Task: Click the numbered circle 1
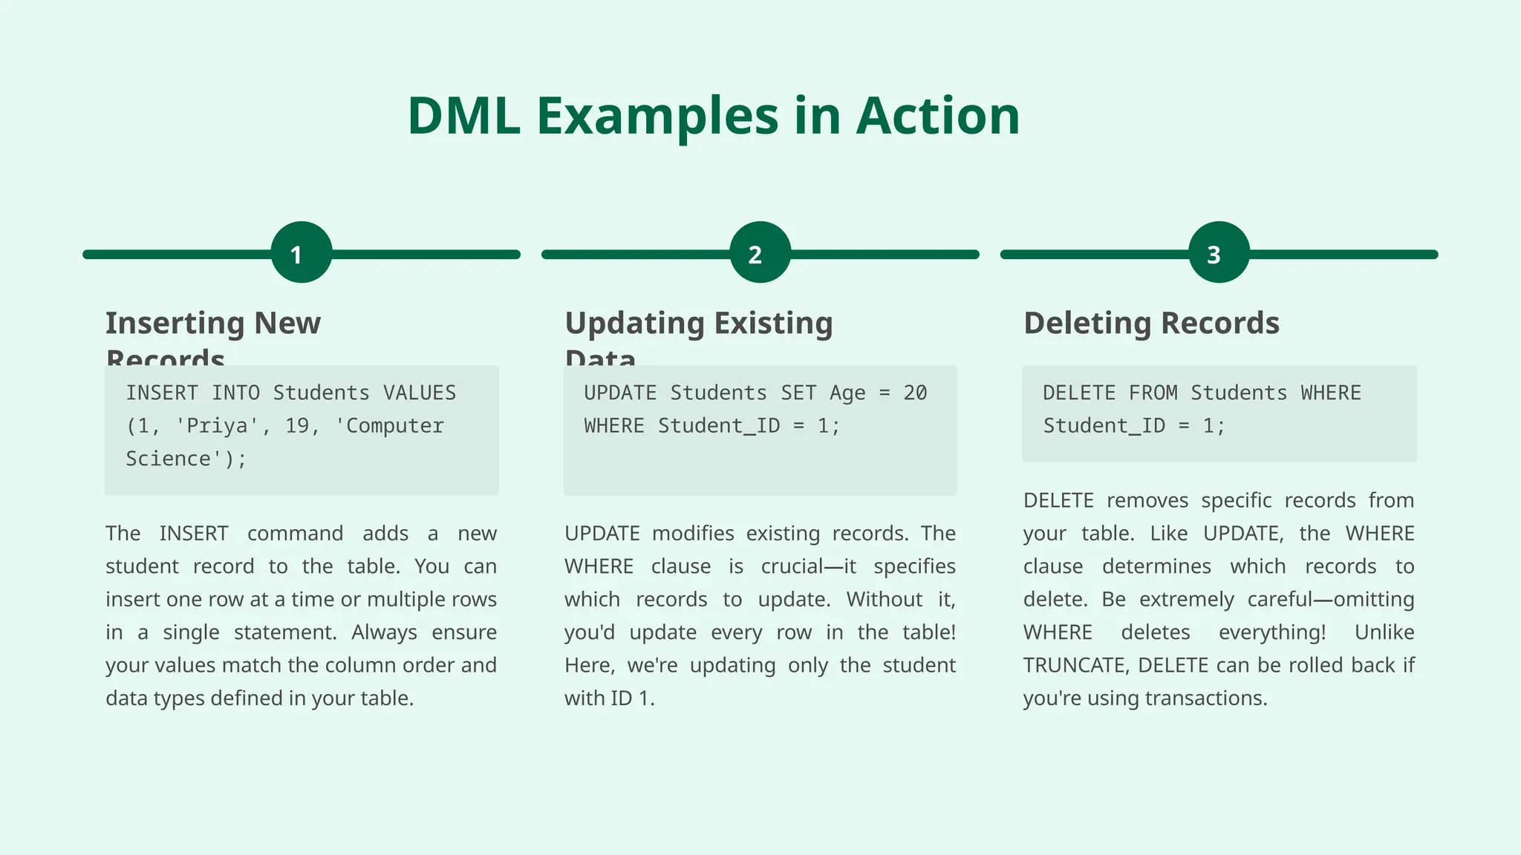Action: [x=301, y=253]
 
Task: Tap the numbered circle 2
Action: [x=760, y=253]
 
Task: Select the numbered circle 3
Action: [x=1219, y=253]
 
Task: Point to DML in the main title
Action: [x=463, y=117]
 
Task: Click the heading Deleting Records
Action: [x=1151, y=324]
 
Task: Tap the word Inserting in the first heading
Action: [x=175, y=324]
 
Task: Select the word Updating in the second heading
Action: [x=634, y=324]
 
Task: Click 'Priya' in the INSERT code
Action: [x=217, y=426]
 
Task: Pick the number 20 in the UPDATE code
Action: [x=915, y=393]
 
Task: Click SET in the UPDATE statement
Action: [x=798, y=393]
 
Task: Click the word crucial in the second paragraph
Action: [x=789, y=567]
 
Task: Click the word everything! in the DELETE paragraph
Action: [x=1271, y=632]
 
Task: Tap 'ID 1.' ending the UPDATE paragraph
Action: [x=632, y=698]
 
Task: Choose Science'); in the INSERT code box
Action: [x=186, y=459]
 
